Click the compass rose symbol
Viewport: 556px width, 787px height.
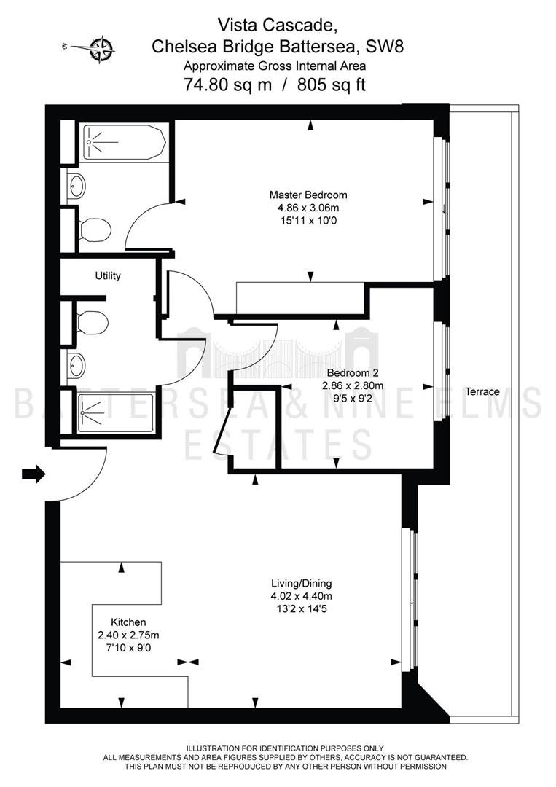tap(102, 49)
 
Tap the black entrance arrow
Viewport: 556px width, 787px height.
tap(34, 474)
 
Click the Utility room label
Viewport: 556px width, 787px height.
tap(108, 276)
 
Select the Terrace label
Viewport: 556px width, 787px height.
tap(482, 391)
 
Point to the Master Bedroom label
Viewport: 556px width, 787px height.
tap(308, 195)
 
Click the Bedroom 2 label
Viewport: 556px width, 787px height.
tap(352, 373)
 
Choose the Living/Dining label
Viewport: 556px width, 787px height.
tap(302, 583)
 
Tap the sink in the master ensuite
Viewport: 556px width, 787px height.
tap(76, 186)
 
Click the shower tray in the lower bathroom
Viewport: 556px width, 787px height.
tap(115, 414)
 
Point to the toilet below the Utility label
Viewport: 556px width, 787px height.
tap(93, 322)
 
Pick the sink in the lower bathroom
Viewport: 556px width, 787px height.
tap(76, 365)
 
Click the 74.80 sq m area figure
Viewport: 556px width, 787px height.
tap(228, 85)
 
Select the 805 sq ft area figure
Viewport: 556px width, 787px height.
tap(331, 85)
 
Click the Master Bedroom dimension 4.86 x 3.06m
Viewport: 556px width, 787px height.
tap(308, 207)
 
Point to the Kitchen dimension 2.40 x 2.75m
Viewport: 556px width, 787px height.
tap(128, 635)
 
